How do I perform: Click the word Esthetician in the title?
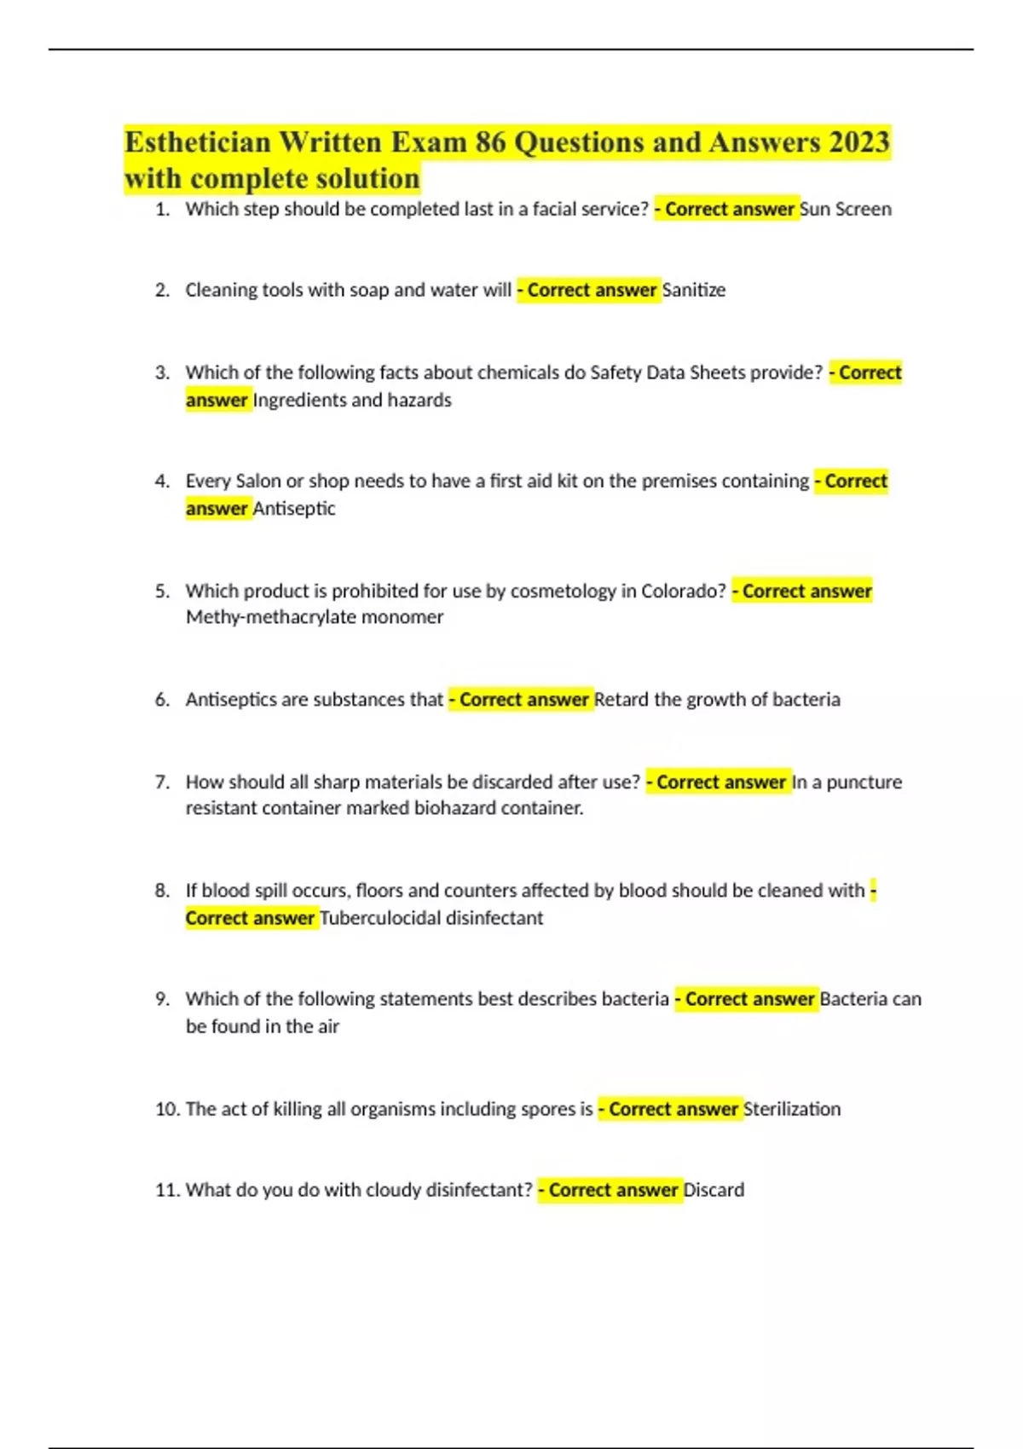pyautogui.click(x=198, y=142)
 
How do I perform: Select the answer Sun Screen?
pyautogui.click(x=846, y=210)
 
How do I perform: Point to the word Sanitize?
pyautogui.click(x=694, y=291)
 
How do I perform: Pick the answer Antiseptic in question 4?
pyautogui.click(x=294, y=509)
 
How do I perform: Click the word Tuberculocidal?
pyautogui.click(x=380, y=918)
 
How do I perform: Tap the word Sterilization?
pyautogui.click(x=792, y=1109)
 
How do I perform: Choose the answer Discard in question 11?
pyautogui.click(x=714, y=1190)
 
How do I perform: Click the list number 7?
pyautogui.click(x=162, y=782)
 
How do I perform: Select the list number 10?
pyautogui.click(x=166, y=1109)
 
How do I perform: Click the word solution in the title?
pyautogui.click(x=368, y=179)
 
